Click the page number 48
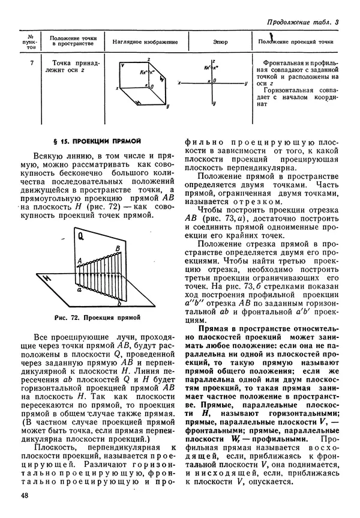(24, 495)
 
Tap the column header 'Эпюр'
(220, 42)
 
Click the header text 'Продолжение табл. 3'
(302, 23)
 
